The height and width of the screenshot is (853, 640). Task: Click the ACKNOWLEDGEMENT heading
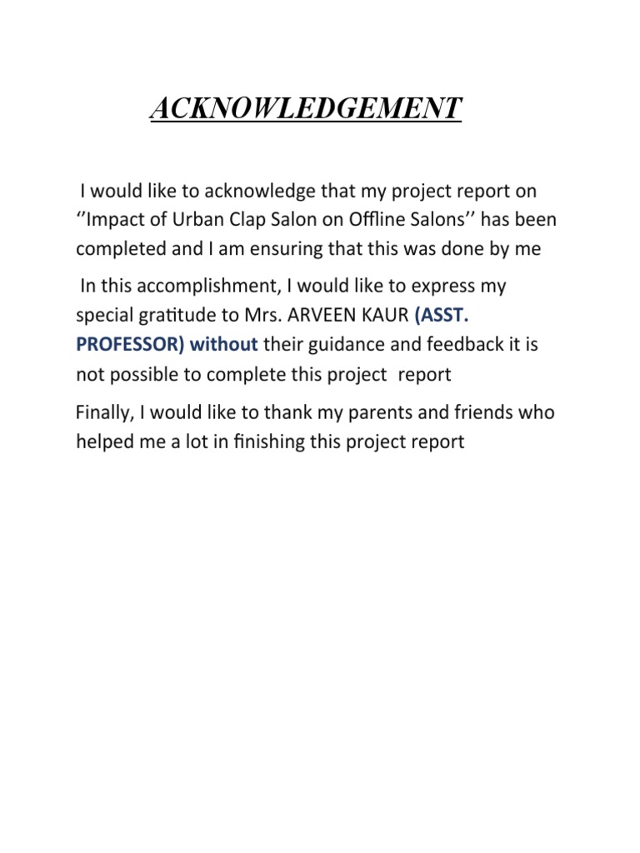[x=305, y=108]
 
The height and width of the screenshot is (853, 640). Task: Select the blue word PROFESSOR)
[x=130, y=345]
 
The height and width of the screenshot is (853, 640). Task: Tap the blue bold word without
[x=223, y=345]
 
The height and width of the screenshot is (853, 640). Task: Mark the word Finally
[x=104, y=412]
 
